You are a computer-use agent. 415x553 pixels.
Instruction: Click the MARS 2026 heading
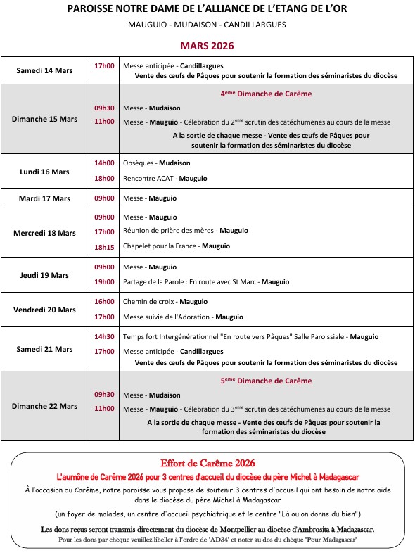pyautogui.click(x=207, y=46)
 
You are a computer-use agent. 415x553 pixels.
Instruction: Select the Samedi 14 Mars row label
pyautogui.click(x=45, y=70)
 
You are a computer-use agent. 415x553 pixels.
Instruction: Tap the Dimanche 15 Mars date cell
pyautogui.click(x=45, y=119)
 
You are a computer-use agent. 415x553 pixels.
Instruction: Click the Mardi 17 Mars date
pyautogui.click(x=45, y=198)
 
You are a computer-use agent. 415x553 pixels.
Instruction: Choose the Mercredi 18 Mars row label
pyautogui.click(x=45, y=233)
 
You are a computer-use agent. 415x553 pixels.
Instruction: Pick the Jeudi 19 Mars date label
pyautogui.click(x=45, y=275)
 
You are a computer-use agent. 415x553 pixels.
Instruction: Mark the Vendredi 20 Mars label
pyautogui.click(x=45, y=310)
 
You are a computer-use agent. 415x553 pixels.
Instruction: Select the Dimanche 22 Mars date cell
pyautogui.click(x=45, y=406)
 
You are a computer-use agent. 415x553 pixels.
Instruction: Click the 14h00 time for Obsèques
pyautogui.click(x=104, y=163)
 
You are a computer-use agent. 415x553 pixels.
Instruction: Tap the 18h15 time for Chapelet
pyautogui.click(x=104, y=246)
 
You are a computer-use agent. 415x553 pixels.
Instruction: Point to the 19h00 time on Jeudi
pyautogui.click(x=104, y=281)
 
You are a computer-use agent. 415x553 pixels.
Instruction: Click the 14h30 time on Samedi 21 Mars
pyautogui.click(x=104, y=336)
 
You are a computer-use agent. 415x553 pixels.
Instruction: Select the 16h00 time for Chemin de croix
pyautogui.click(x=104, y=302)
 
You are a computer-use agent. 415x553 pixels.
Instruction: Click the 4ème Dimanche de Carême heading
pyautogui.click(x=266, y=94)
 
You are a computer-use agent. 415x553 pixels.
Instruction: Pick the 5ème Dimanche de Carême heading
pyautogui.click(x=266, y=381)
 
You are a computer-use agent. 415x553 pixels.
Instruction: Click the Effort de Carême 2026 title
pyautogui.click(x=207, y=463)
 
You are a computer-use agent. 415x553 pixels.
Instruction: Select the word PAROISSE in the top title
pyautogui.click(x=94, y=9)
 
